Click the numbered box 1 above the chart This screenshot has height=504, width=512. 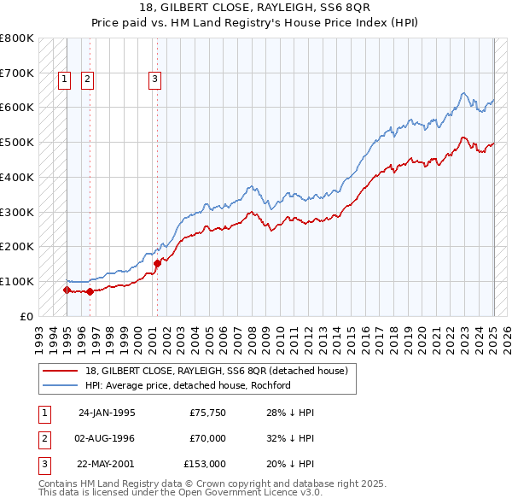click(x=64, y=79)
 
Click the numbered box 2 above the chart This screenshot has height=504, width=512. click(x=87, y=79)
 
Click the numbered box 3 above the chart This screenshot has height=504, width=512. click(x=154, y=79)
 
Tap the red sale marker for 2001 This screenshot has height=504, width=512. click(x=157, y=263)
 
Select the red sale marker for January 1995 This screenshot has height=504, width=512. click(x=67, y=290)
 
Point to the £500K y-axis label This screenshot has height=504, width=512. click(x=17, y=142)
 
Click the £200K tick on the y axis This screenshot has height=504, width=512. click(x=17, y=246)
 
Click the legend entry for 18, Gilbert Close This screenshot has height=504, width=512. click(x=216, y=372)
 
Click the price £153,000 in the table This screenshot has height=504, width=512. click(x=204, y=464)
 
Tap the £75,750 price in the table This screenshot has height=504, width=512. click(x=207, y=413)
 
